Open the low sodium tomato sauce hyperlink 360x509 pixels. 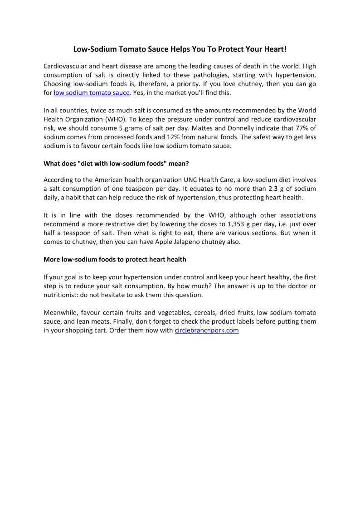(92, 93)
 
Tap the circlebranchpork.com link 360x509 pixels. (206, 330)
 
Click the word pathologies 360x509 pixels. (211, 75)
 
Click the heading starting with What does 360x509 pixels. (116, 164)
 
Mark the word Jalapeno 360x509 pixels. (190, 242)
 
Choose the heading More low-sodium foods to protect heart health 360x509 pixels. (115, 259)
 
